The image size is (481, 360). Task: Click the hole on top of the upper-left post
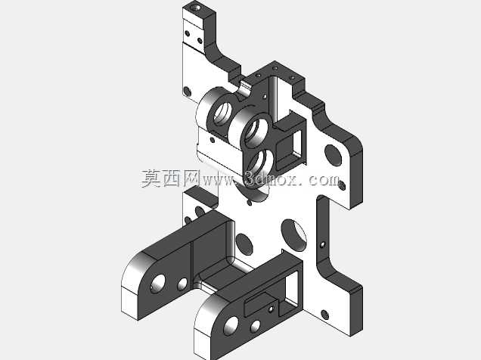click(x=195, y=7)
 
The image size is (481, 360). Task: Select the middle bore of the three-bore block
click(x=255, y=132)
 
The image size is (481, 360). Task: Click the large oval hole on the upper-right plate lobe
click(x=333, y=155)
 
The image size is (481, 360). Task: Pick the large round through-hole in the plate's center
click(x=294, y=234)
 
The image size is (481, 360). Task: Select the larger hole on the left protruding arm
click(x=158, y=284)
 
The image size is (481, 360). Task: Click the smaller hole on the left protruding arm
click(x=182, y=284)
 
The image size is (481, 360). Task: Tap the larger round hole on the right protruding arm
click(x=231, y=326)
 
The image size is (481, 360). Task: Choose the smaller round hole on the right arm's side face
click(x=255, y=327)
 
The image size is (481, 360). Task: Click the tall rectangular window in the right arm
click(x=292, y=290)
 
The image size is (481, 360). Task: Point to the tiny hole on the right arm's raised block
click(x=271, y=309)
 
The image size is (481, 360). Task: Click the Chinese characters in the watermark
click(x=170, y=178)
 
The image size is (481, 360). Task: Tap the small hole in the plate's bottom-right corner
click(x=325, y=315)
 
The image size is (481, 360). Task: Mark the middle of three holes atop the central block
click(x=275, y=68)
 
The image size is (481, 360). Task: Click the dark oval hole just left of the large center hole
click(x=244, y=244)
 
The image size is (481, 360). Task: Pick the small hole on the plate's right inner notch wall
click(x=322, y=244)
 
